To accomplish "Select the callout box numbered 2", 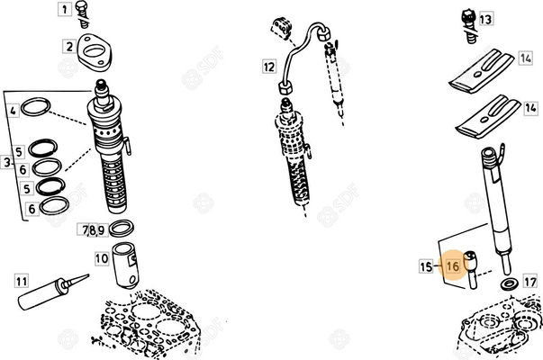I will click(x=68, y=45).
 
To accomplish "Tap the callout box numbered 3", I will click(x=6, y=162).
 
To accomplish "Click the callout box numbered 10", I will click(x=102, y=259).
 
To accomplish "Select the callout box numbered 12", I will click(x=269, y=66).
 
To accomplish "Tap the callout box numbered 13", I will click(x=485, y=19).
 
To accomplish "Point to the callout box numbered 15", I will click(x=426, y=265).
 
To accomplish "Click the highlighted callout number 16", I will click(x=455, y=266).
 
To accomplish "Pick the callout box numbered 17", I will click(x=529, y=282).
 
